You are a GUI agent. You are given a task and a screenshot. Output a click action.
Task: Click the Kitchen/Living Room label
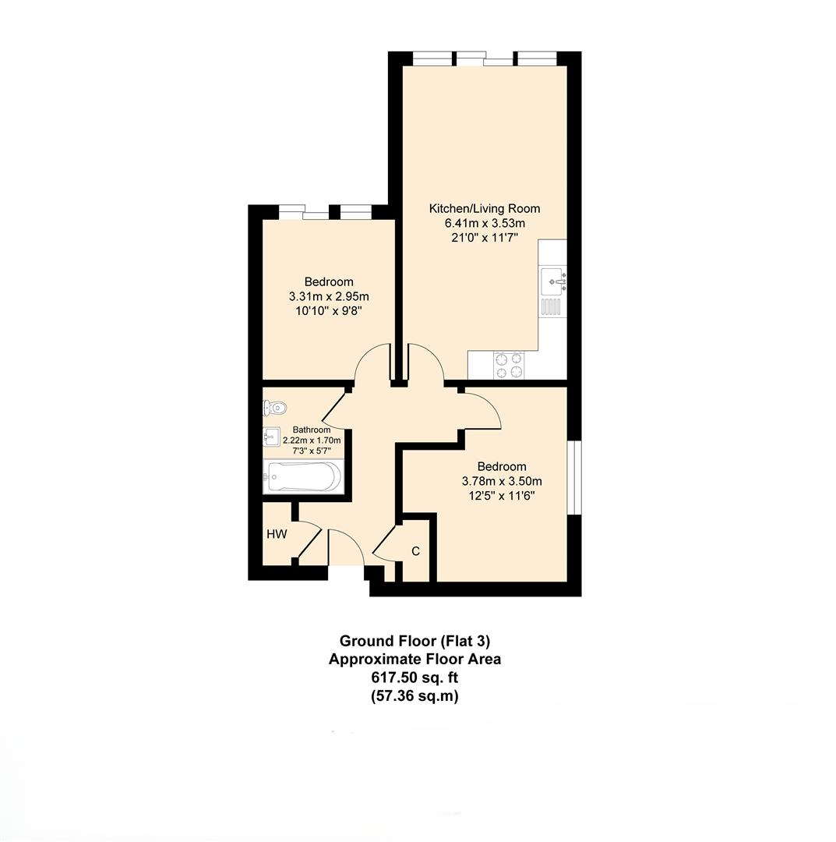coord(484,208)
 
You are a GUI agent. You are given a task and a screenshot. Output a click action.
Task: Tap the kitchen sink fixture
coord(552,278)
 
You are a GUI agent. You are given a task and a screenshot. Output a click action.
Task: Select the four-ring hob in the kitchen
coord(509,366)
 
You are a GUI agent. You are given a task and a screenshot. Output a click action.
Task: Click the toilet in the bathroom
coord(275,407)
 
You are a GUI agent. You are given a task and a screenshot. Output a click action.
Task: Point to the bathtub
coord(302,476)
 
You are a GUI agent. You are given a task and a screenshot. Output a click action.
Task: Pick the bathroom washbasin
coord(271,435)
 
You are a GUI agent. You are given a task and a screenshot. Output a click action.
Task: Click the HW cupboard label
coord(277,535)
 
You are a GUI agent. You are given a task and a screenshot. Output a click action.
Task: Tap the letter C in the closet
coord(415,551)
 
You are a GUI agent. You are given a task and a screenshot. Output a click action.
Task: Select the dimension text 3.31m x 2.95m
coord(328,296)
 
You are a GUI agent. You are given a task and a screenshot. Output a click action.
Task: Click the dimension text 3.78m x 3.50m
coord(501,481)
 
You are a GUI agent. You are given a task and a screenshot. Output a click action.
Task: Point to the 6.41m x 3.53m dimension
coord(485,223)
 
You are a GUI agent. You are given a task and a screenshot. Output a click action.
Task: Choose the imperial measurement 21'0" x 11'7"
coord(485,238)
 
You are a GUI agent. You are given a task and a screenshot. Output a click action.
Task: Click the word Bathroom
coord(311,430)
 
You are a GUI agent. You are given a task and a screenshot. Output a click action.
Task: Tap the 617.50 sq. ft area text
coord(414,677)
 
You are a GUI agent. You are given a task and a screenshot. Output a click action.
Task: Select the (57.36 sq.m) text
coord(414,696)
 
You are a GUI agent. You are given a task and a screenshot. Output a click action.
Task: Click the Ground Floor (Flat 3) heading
coord(414,641)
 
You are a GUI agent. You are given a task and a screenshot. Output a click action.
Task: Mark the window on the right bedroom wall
coord(574,478)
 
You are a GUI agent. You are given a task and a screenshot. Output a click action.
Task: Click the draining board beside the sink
coord(552,306)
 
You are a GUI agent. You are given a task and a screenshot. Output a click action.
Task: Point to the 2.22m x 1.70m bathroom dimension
coord(311,440)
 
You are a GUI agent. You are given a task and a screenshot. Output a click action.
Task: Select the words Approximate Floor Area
coord(414,660)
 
